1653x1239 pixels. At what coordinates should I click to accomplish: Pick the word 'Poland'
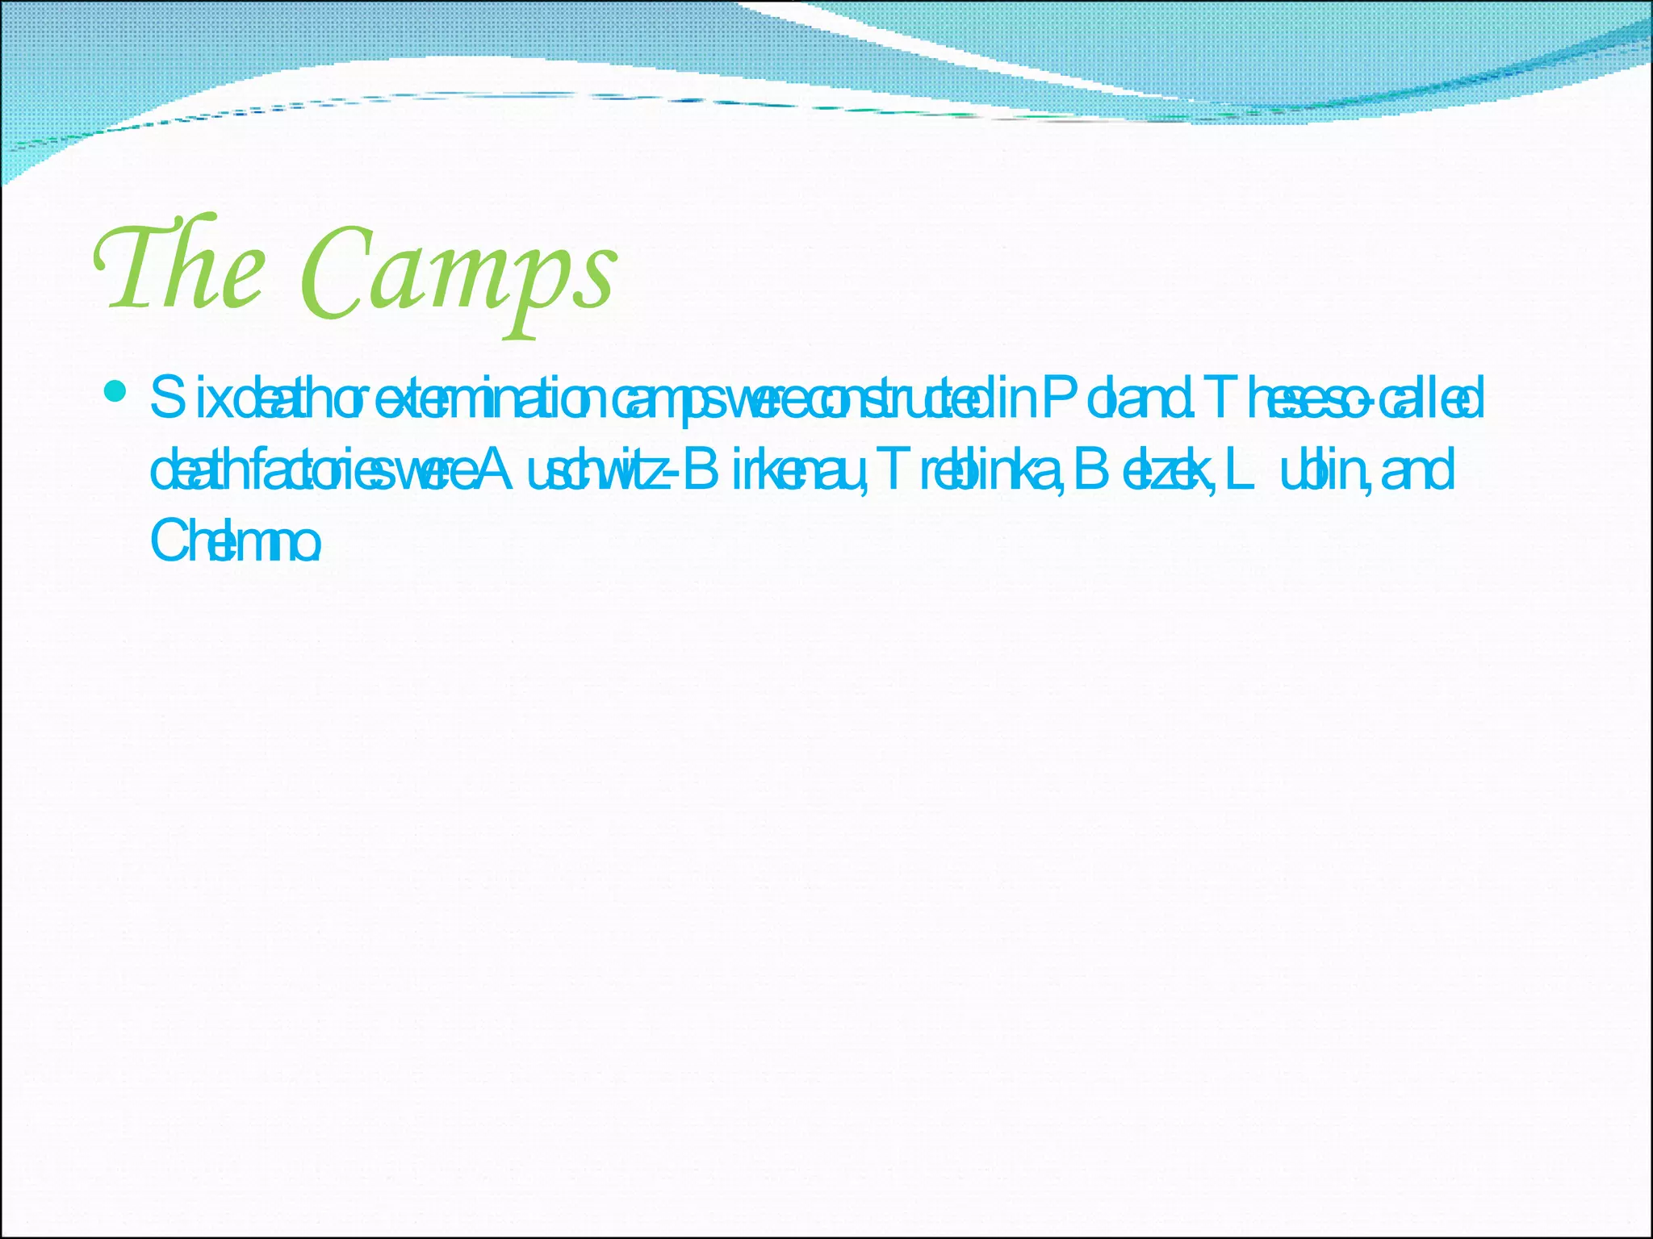[x=1118, y=399]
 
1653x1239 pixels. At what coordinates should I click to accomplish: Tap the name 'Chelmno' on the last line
[x=235, y=541]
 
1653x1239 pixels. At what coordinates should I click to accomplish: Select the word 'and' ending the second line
[x=1418, y=471]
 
